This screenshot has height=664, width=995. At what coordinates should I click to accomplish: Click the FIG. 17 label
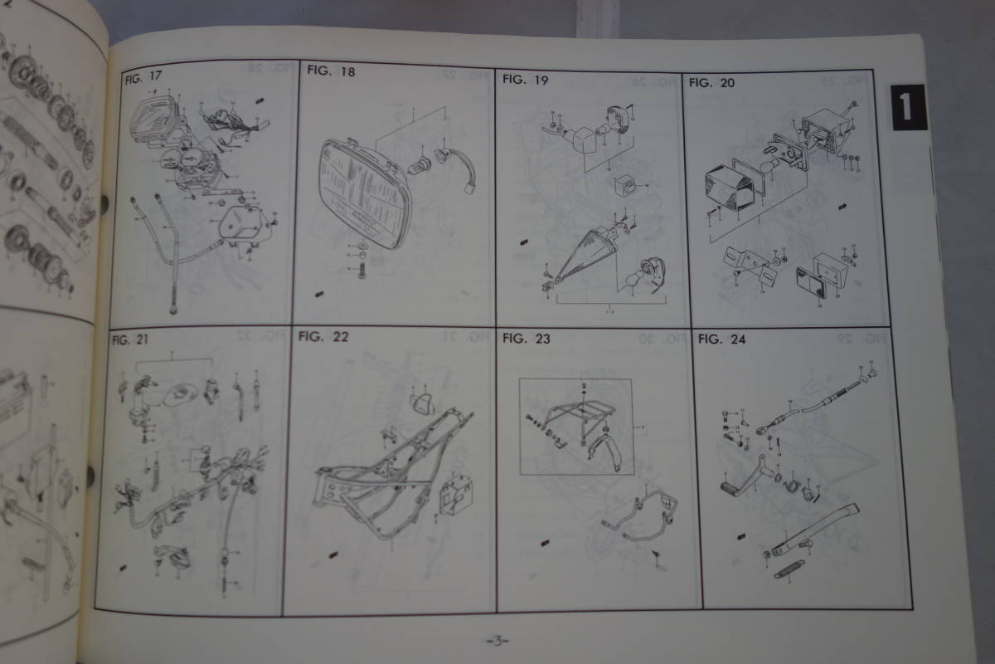(143, 79)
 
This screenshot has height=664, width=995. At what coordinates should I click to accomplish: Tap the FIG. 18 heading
(330, 71)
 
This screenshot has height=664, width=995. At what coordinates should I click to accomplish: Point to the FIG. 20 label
(711, 82)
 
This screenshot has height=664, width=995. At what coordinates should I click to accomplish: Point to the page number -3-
(496, 640)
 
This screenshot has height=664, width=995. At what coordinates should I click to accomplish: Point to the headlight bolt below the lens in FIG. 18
(361, 271)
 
